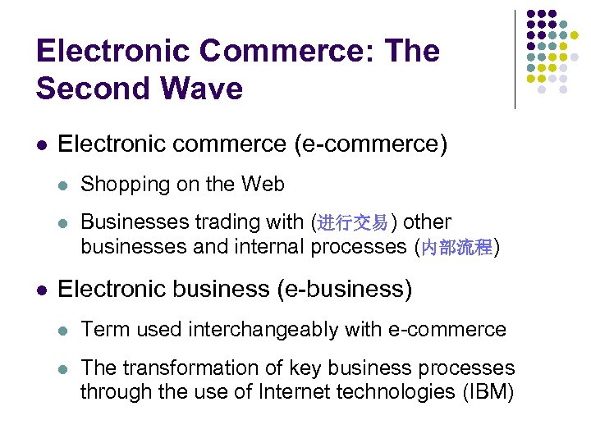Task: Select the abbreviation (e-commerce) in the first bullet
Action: [x=371, y=144]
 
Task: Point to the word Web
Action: [x=263, y=185]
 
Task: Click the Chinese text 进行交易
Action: [x=352, y=223]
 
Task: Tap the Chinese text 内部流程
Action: [x=456, y=248]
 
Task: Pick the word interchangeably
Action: [x=277, y=329]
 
